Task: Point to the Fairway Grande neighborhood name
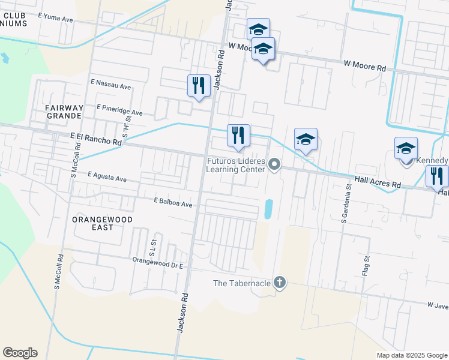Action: [63, 111]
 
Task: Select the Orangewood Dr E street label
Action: [157, 261]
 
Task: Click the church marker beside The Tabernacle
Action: [279, 282]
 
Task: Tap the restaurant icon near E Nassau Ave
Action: [199, 85]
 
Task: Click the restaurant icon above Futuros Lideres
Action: [238, 135]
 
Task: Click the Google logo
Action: [20, 353]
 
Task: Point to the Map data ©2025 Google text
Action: [411, 355]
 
